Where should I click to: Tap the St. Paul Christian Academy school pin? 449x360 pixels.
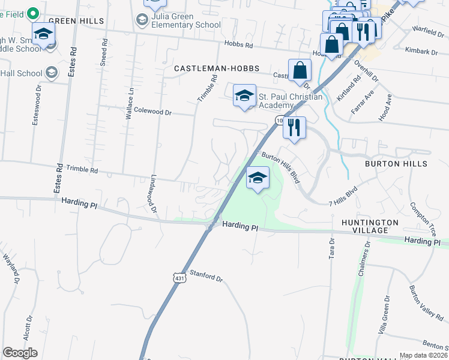coord(244,96)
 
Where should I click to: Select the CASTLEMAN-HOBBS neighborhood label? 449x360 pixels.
coord(217,69)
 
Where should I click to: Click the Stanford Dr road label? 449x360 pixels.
coord(206,277)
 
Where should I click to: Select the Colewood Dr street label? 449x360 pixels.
coord(152,112)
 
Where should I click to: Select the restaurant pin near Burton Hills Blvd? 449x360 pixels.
coord(294,128)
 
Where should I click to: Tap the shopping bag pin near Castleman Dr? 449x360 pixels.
coord(300,71)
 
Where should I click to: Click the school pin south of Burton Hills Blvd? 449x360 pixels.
coord(258,178)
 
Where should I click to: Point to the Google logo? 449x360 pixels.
coord(20,353)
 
